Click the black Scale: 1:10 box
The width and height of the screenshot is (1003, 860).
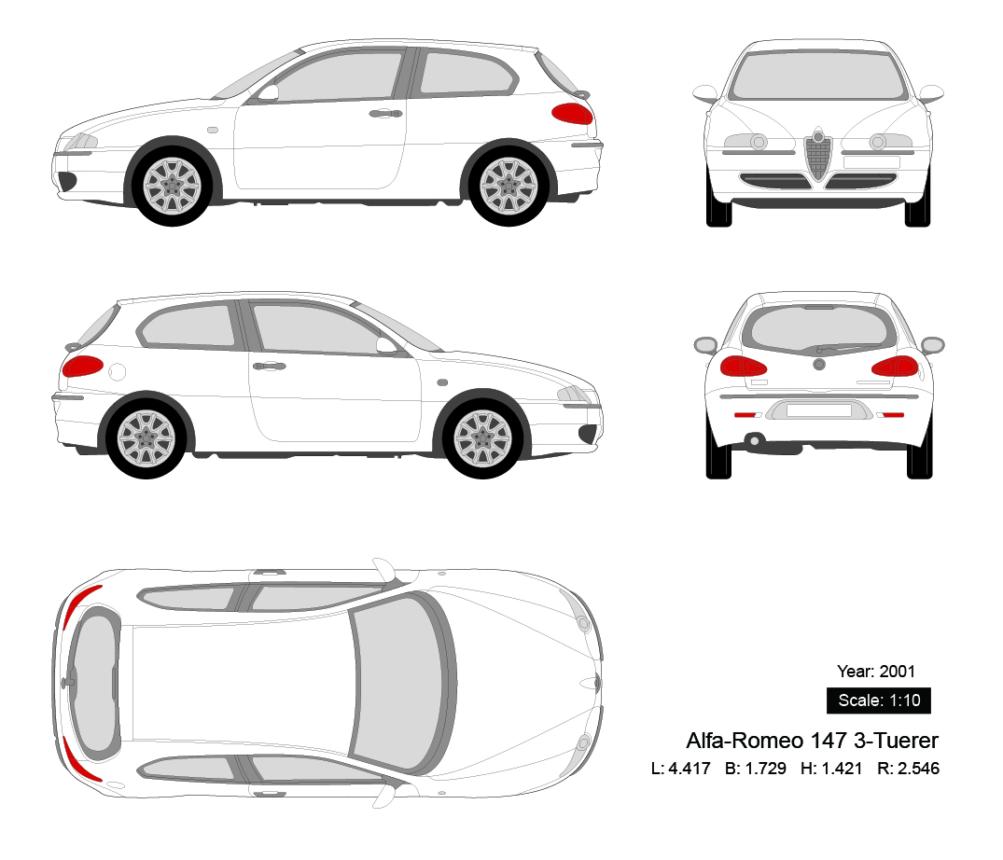tap(878, 700)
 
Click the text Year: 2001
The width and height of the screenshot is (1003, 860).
tap(876, 671)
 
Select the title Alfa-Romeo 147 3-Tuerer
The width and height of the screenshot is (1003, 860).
tap(812, 741)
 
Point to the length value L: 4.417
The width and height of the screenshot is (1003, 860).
tap(680, 769)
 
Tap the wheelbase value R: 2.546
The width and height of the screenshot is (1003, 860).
tap(908, 769)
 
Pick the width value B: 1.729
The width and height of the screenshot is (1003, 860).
tap(755, 769)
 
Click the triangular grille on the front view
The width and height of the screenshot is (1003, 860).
tap(818, 157)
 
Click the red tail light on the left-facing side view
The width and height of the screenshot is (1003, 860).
tap(572, 114)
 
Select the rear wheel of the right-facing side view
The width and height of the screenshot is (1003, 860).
tap(146, 436)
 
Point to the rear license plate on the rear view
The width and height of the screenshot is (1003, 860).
tap(818, 409)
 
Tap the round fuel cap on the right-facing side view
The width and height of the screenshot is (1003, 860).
tap(117, 372)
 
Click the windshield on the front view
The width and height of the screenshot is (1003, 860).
tap(818, 73)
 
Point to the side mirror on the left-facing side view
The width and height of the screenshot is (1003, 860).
tap(269, 92)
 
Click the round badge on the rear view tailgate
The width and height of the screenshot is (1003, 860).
tap(818, 362)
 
